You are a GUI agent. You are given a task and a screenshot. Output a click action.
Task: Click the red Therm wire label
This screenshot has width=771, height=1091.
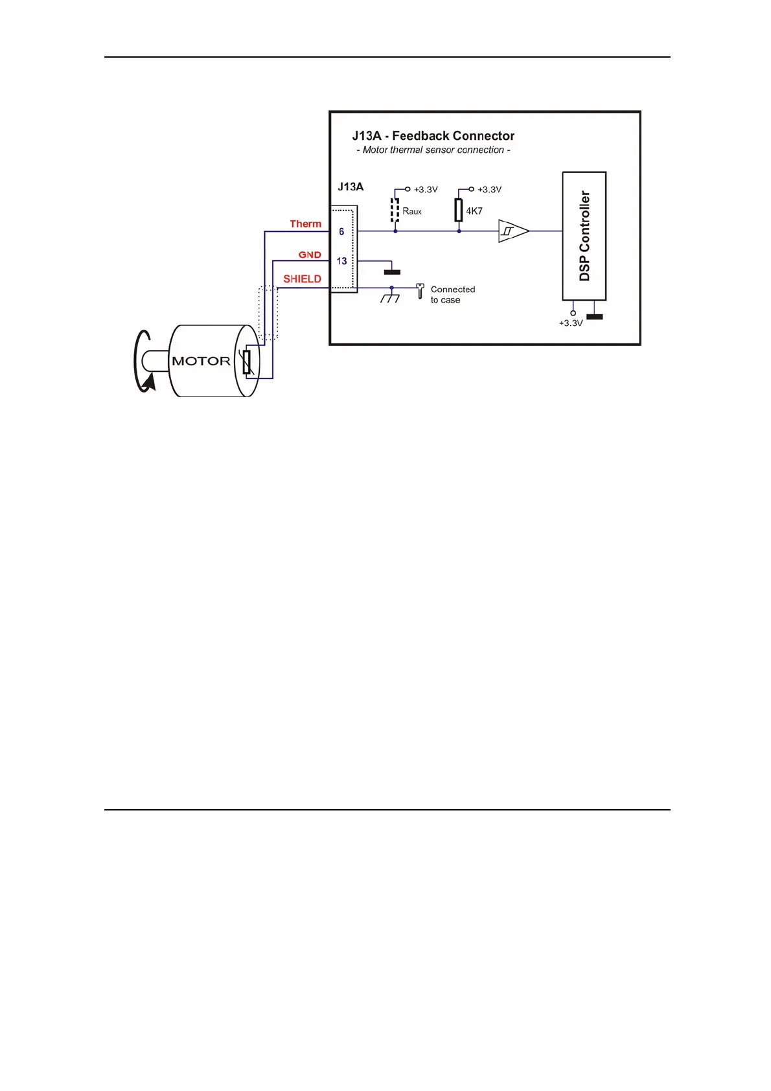tap(305, 224)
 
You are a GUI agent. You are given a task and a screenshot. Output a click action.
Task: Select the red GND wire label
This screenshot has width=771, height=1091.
tap(310, 255)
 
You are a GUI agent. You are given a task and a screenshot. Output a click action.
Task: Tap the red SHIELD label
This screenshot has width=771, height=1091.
tap(302, 279)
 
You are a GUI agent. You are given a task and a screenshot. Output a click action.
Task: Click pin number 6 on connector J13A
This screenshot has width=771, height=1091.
tap(341, 231)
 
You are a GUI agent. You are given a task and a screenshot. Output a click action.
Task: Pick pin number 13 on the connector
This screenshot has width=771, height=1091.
tap(341, 261)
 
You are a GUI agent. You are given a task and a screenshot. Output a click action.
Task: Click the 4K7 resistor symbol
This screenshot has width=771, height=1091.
tap(459, 211)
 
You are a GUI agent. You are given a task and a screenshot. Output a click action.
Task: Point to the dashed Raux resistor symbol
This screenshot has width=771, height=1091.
tap(395, 211)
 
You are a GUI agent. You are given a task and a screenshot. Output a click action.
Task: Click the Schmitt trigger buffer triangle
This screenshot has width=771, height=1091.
tap(512, 231)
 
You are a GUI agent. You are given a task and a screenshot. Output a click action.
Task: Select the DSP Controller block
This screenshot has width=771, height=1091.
tap(584, 236)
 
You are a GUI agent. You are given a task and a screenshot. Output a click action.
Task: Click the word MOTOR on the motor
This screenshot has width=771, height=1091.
tap(201, 362)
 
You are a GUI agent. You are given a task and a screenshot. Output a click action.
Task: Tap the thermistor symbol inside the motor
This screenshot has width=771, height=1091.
tap(246, 362)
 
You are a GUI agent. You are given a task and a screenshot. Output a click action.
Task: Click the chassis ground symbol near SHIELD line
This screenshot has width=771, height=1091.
tap(390, 297)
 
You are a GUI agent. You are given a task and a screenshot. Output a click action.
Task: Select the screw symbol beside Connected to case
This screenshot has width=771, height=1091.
tap(420, 291)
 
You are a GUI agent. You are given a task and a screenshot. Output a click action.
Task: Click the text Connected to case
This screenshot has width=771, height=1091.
tap(452, 295)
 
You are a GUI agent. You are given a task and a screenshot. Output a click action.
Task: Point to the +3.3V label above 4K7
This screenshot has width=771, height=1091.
tap(489, 190)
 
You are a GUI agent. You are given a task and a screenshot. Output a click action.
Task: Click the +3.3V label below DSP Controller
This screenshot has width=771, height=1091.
tap(571, 323)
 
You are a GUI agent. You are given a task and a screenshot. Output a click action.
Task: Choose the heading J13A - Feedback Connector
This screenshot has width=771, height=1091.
tap(433, 136)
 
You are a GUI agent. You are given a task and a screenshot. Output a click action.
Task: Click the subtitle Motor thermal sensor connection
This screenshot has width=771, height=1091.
tap(433, 150)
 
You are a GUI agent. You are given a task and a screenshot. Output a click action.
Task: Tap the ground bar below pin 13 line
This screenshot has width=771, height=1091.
tap(392, 272)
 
